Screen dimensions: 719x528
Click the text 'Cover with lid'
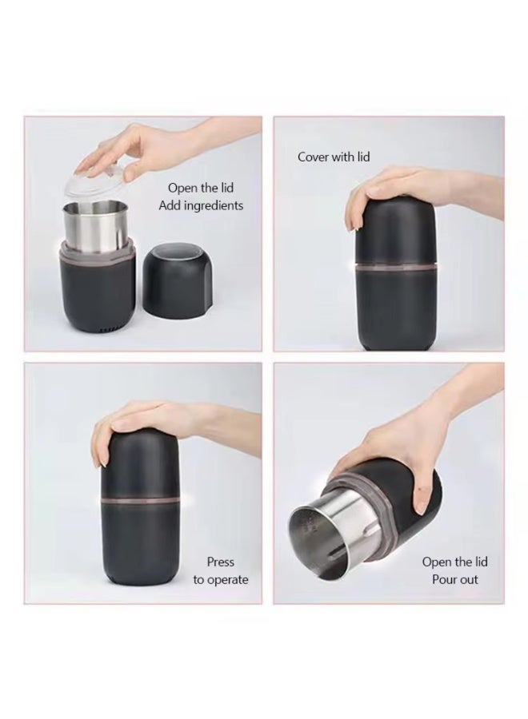click(x=334, y=157)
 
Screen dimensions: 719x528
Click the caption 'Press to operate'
click(x=220, y=571)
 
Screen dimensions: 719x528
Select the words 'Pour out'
click(x=454, y=579)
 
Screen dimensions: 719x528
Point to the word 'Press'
click(x=220, y=562)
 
